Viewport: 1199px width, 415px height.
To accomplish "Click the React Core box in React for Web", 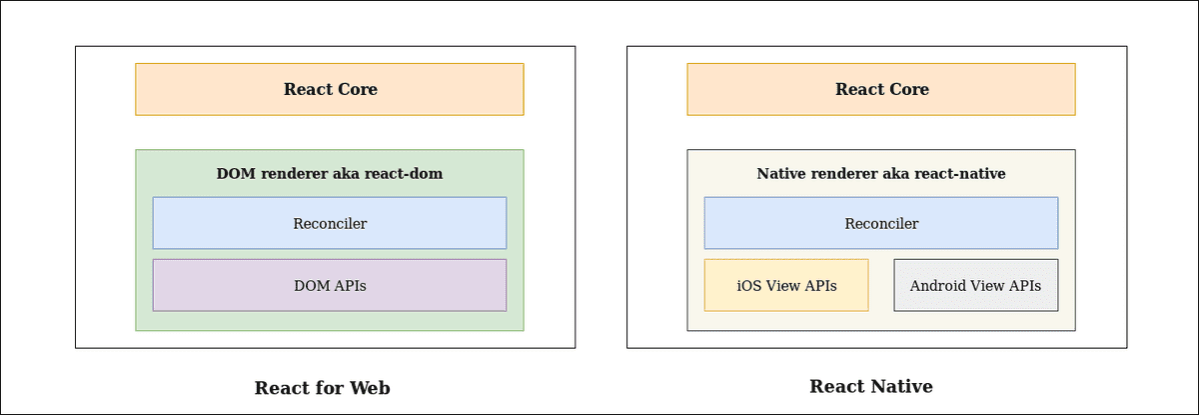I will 330,89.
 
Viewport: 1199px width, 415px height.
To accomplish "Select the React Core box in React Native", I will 881,89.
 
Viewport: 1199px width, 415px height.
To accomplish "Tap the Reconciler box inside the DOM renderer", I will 330,223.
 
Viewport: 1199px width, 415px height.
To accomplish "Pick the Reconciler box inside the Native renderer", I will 881,223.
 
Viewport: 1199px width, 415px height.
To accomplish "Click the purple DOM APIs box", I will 330,285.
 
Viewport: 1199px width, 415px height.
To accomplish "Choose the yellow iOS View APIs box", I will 786,285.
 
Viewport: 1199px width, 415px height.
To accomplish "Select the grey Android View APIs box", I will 975,285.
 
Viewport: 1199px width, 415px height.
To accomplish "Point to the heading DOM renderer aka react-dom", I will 330,174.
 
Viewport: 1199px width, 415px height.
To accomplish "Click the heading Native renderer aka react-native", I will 881,174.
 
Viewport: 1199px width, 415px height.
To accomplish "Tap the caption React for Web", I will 322,388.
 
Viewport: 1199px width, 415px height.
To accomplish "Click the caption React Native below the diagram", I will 871,386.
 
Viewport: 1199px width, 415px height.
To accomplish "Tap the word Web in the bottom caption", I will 369,388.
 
